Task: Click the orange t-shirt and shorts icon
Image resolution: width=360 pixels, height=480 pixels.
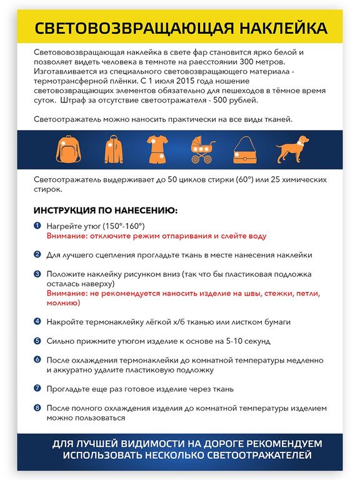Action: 156,149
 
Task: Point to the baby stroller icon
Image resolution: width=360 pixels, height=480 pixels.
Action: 201,149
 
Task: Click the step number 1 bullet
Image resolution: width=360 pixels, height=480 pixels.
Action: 37,225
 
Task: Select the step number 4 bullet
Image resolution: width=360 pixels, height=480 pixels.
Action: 37,321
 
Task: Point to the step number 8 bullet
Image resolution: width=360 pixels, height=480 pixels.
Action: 37,407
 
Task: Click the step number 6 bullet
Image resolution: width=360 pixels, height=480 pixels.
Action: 37,360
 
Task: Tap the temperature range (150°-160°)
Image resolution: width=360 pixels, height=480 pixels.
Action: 123,226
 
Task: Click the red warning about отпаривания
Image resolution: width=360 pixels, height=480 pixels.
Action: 157,236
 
